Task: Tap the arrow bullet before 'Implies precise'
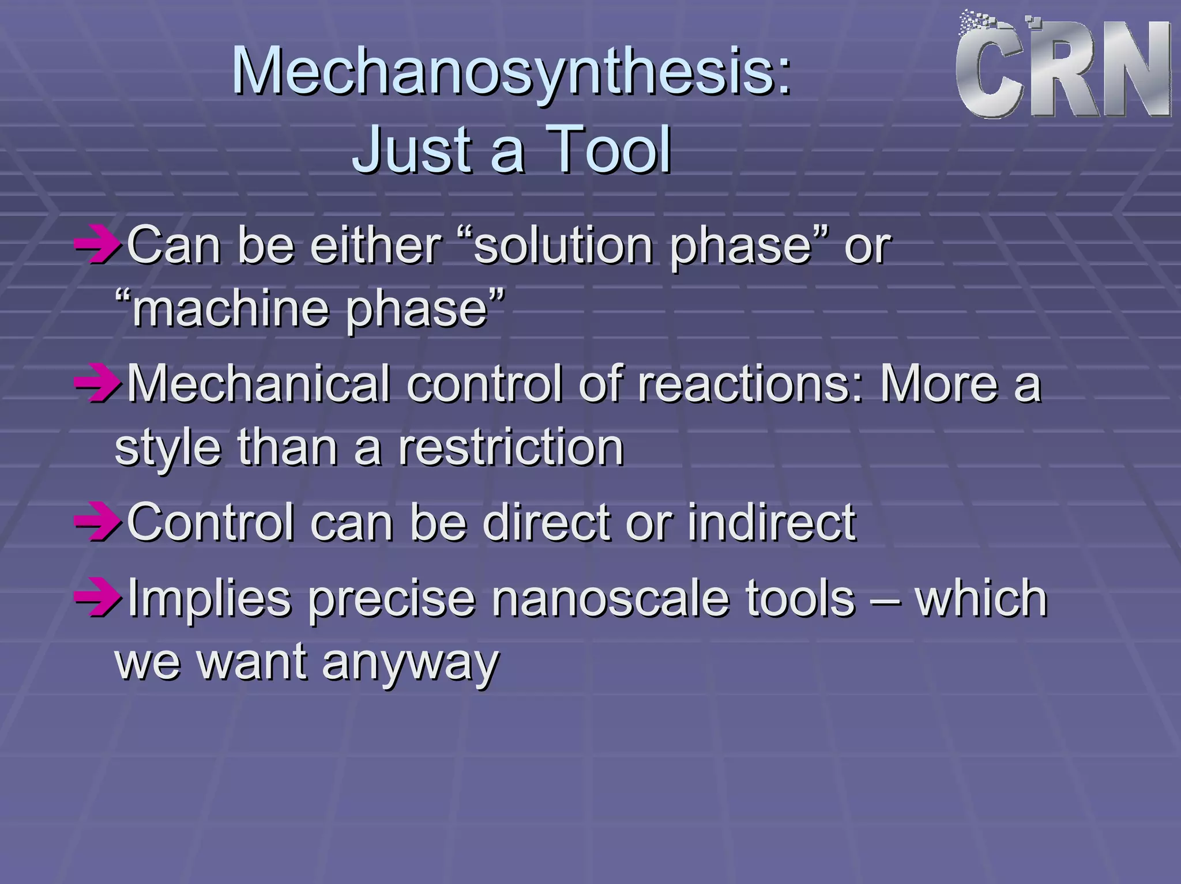97,598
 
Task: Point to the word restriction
511,448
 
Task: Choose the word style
167,449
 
